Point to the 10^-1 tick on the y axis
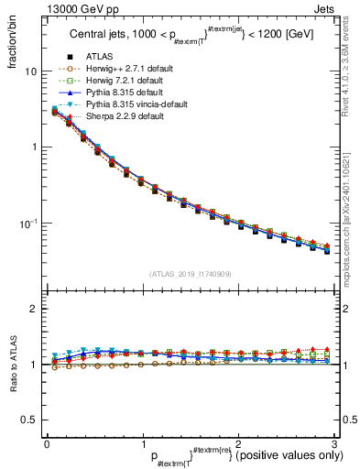coord(28,223)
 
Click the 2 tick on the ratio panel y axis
coord(34,309)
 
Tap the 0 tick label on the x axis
coord(47,443)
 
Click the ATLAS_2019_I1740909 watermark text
coord(191,274)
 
